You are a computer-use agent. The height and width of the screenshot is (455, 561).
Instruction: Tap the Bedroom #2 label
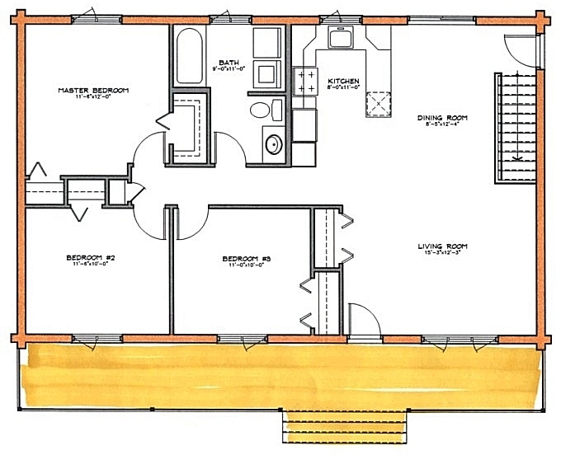click(x=90, y=258)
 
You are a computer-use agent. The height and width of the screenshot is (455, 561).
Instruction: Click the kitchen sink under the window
click(x=339, y=38)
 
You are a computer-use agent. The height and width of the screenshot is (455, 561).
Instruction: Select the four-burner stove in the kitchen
click(x=306, y=80)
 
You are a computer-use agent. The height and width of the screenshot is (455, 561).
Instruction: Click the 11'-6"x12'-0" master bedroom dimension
click(x=92, y=97)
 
